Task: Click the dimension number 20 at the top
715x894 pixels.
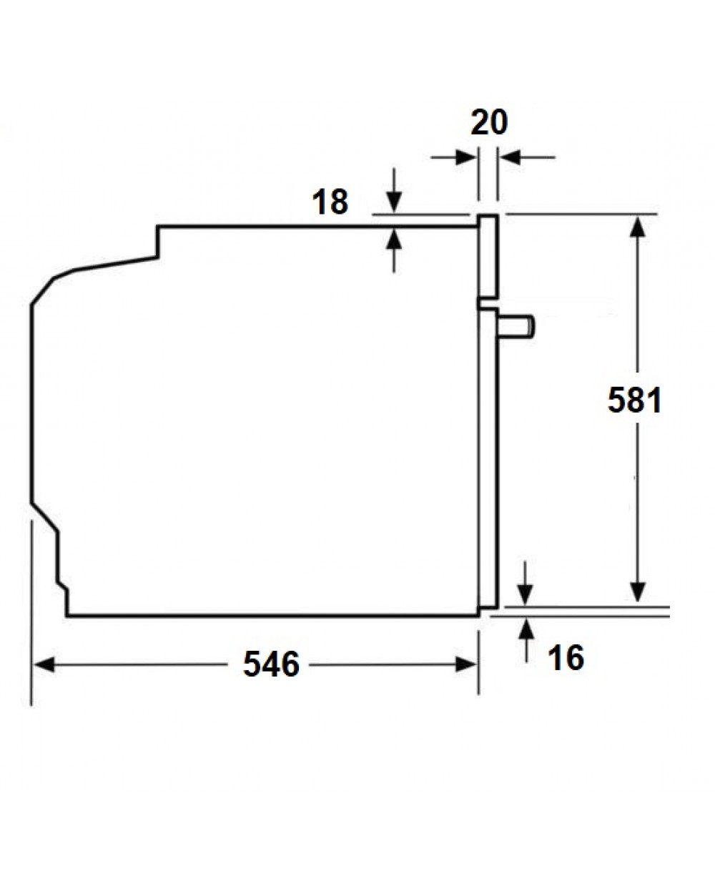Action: [489, 122]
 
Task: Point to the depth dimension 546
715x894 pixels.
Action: [271, 664]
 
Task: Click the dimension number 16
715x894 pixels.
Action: [566, 658]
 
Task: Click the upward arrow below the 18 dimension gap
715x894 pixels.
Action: [393, 240]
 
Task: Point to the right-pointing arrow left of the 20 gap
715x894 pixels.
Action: [465, 157]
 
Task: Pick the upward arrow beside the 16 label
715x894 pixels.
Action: [527, 630]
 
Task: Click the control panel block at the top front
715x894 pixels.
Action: [488, 256]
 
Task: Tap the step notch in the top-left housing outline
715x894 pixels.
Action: [158, 243]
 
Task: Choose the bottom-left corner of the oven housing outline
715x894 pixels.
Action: [67, 614]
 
